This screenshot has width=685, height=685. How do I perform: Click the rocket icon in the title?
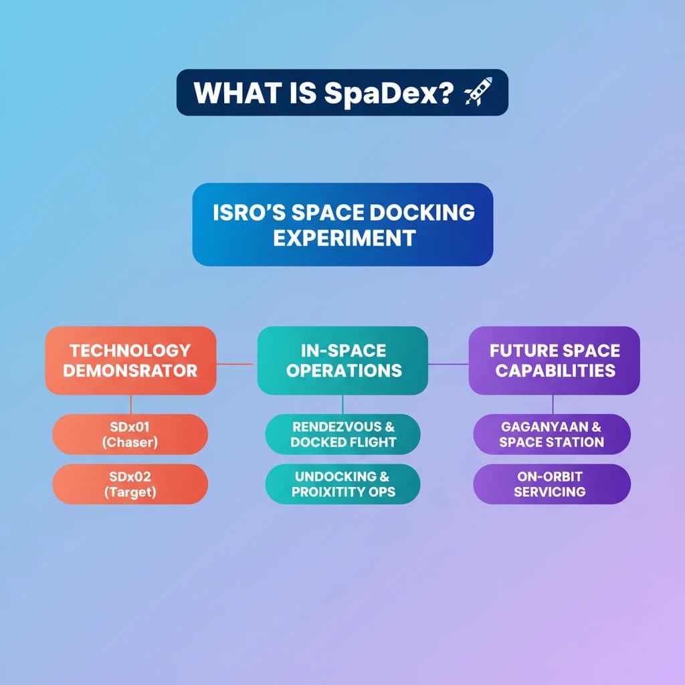click(x=477, y=92)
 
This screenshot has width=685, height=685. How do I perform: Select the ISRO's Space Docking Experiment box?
click(x=342, y=224)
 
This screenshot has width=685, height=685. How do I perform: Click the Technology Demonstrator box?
click(x=130, y=360)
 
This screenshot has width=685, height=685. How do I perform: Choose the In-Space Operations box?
click(x=342, y=360)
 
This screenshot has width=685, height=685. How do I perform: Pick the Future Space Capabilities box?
click(x=554, y=360)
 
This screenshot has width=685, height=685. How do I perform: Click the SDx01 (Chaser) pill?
click(x=130, y=434)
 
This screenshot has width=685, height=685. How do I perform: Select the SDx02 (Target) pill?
click(x=130, y=484)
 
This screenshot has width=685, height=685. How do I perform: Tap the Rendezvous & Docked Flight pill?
click(x=343, y=434)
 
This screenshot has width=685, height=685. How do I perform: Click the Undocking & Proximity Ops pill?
click(x=343, y=484)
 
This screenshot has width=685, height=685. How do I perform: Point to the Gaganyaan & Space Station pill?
click(x=552, y=434)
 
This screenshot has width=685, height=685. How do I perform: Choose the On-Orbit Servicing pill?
click(x=552, y=484)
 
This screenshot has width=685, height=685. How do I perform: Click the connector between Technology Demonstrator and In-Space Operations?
click(x=236, y=365)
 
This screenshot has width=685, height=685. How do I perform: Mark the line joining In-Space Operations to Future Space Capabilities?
click(x=448, y=365)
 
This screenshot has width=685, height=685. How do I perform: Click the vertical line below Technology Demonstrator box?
click(x=131, y=404)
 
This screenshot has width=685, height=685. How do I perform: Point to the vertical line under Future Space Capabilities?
click(x=553, y=404)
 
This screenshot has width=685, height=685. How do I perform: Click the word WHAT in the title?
click(x=226, y=93)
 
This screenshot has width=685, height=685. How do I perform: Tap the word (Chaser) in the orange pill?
click(x=130, y=442)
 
